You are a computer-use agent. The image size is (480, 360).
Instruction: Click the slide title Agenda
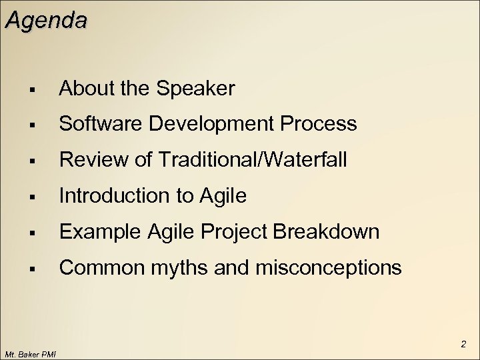point(45,20)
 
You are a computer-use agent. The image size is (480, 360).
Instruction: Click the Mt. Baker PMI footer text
point(30,353)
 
